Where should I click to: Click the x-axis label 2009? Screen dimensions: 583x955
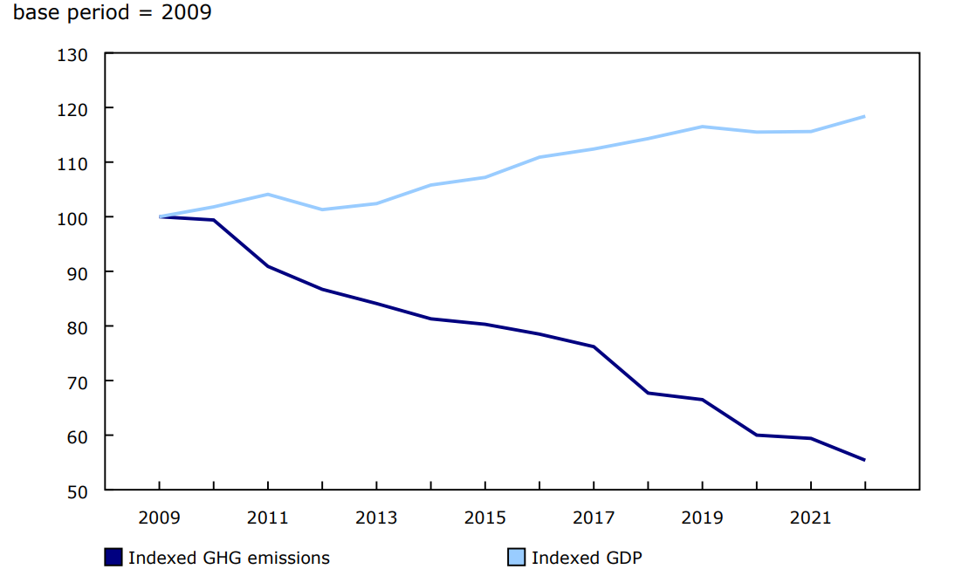click(x=159, y=518)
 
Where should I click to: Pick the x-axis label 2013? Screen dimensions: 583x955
click(x=376, y=518)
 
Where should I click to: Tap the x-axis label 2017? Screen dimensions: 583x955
click(x=594, y=518)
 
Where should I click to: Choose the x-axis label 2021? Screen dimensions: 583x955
click(x=811, y=518)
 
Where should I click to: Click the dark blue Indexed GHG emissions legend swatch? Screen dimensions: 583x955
click(x=113, y=557)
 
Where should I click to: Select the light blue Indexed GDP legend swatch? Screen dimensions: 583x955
click(x=517, y=557)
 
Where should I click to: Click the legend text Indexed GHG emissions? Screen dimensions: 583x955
click(x=229, y=557)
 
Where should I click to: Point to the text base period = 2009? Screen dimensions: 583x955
click(x=112, y=14)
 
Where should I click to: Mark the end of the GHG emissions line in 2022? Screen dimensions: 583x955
click(x=864, y=460)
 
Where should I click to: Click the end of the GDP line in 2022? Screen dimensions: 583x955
click(x=864, y=116)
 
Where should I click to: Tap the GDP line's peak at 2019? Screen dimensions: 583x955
click(x=702, y=127)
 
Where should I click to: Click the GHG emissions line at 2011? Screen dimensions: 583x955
click(x=268, y=266)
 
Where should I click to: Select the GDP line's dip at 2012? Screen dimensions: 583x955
click(x=322, y=209)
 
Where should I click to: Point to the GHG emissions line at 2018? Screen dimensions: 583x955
click(x=648, y=393)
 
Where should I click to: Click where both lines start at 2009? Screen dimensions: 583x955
click(x=160, y=216)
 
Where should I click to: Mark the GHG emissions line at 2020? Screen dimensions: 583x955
click(x=756, y=435)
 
